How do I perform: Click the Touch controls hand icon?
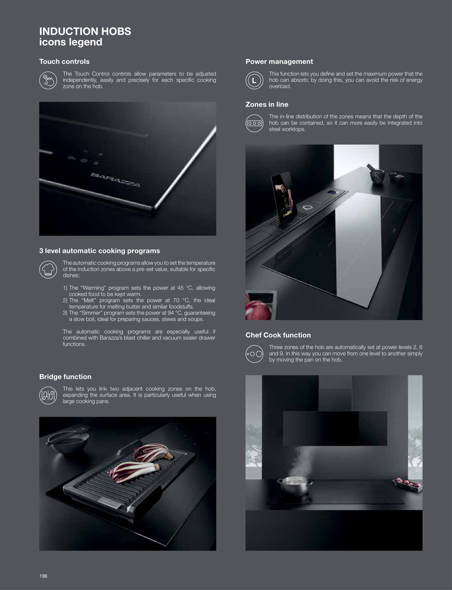(48, 80)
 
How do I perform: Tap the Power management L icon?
(254, 80)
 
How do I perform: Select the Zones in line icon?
(254, 123)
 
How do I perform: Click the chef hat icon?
(48, 269)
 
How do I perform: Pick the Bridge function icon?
(48, 395)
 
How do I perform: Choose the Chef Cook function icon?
(254, 354)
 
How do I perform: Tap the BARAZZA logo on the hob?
(115, 180)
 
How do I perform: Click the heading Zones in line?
(267, 104)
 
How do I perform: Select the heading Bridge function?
(65, 377)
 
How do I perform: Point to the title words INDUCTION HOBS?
(85, 31)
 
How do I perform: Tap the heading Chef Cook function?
(278, 335)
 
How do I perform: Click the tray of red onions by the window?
(407, 485)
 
